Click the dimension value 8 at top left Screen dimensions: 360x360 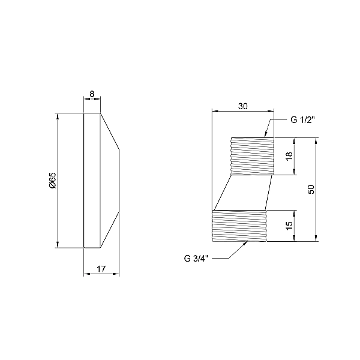[x=92, y=94]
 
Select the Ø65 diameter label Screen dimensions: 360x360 [x=52, y=180]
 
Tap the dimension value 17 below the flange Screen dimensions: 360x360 [x=101, y=269]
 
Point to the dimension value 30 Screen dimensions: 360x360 [x=243, y=106]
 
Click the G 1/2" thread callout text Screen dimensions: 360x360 [x=303, y=120]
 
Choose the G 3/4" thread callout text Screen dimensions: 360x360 [x=196, y=259]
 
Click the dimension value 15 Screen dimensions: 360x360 [x=289, y=226]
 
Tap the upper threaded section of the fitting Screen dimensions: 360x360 [x=253, y=156]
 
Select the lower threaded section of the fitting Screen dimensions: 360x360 [x=239, y=226]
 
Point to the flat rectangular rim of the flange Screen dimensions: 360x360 [x=91, y=180]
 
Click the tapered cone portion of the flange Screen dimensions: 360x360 [x=109, y=180]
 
